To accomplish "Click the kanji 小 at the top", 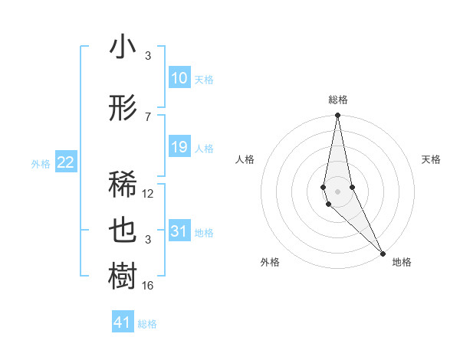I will pos(123,47).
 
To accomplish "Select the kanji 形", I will pos(123,110).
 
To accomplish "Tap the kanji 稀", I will pos(123,185).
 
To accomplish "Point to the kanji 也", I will pos(123,231).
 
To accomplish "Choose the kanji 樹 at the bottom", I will pos(123,275).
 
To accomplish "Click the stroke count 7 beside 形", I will pos(148,117).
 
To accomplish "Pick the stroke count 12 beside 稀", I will pos(148,194).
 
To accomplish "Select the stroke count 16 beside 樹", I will pos(148,286).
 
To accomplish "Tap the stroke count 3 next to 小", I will pos(148,56).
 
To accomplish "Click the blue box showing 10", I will pos(179,78).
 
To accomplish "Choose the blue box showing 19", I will pos(179,147).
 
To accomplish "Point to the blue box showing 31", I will pos(179,231).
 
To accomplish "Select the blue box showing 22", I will pos(66,162).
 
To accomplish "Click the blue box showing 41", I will pos(123,322).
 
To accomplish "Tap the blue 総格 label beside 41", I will pos(147,324).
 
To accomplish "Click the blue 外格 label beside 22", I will pos(41,163).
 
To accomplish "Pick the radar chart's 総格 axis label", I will pos(338,100).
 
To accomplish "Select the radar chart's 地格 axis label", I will pos(402,262).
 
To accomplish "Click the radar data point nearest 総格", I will pos(337,116).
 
